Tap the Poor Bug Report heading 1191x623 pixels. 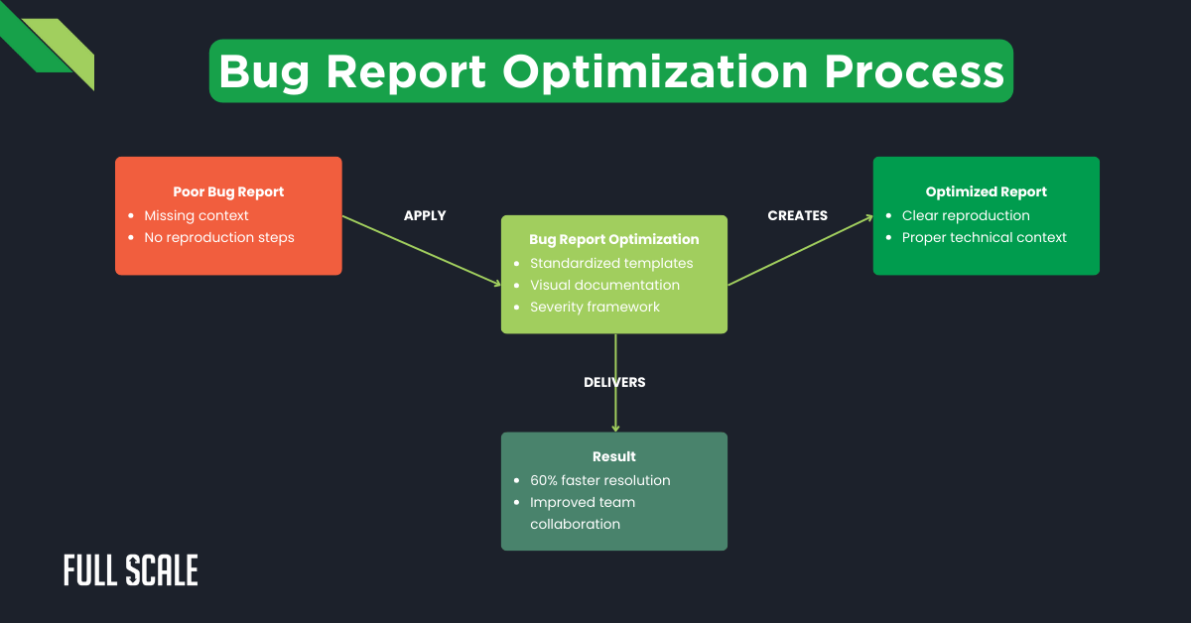(228, 191)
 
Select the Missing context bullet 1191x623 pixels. (197, 215)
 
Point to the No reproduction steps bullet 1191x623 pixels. (219, 237)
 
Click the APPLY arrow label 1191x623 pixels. (425, 215)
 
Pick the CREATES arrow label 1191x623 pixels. (797, 215)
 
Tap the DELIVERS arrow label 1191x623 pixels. (614, 382)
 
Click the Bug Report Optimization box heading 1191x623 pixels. (613, 239)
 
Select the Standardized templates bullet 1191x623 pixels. (611, 263)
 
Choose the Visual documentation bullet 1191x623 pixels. (604, 285)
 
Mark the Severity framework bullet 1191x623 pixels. (595, 307)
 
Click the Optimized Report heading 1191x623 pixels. (986, 191)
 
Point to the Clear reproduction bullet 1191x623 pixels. (966, 215)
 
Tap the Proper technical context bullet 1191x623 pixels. (984, 237)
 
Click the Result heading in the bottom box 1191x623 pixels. (613, 456)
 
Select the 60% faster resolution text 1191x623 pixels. (599, 480)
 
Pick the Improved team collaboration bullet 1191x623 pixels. (583, 513)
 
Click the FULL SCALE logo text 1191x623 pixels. (131, 570)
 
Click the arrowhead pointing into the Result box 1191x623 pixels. (615, 428)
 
